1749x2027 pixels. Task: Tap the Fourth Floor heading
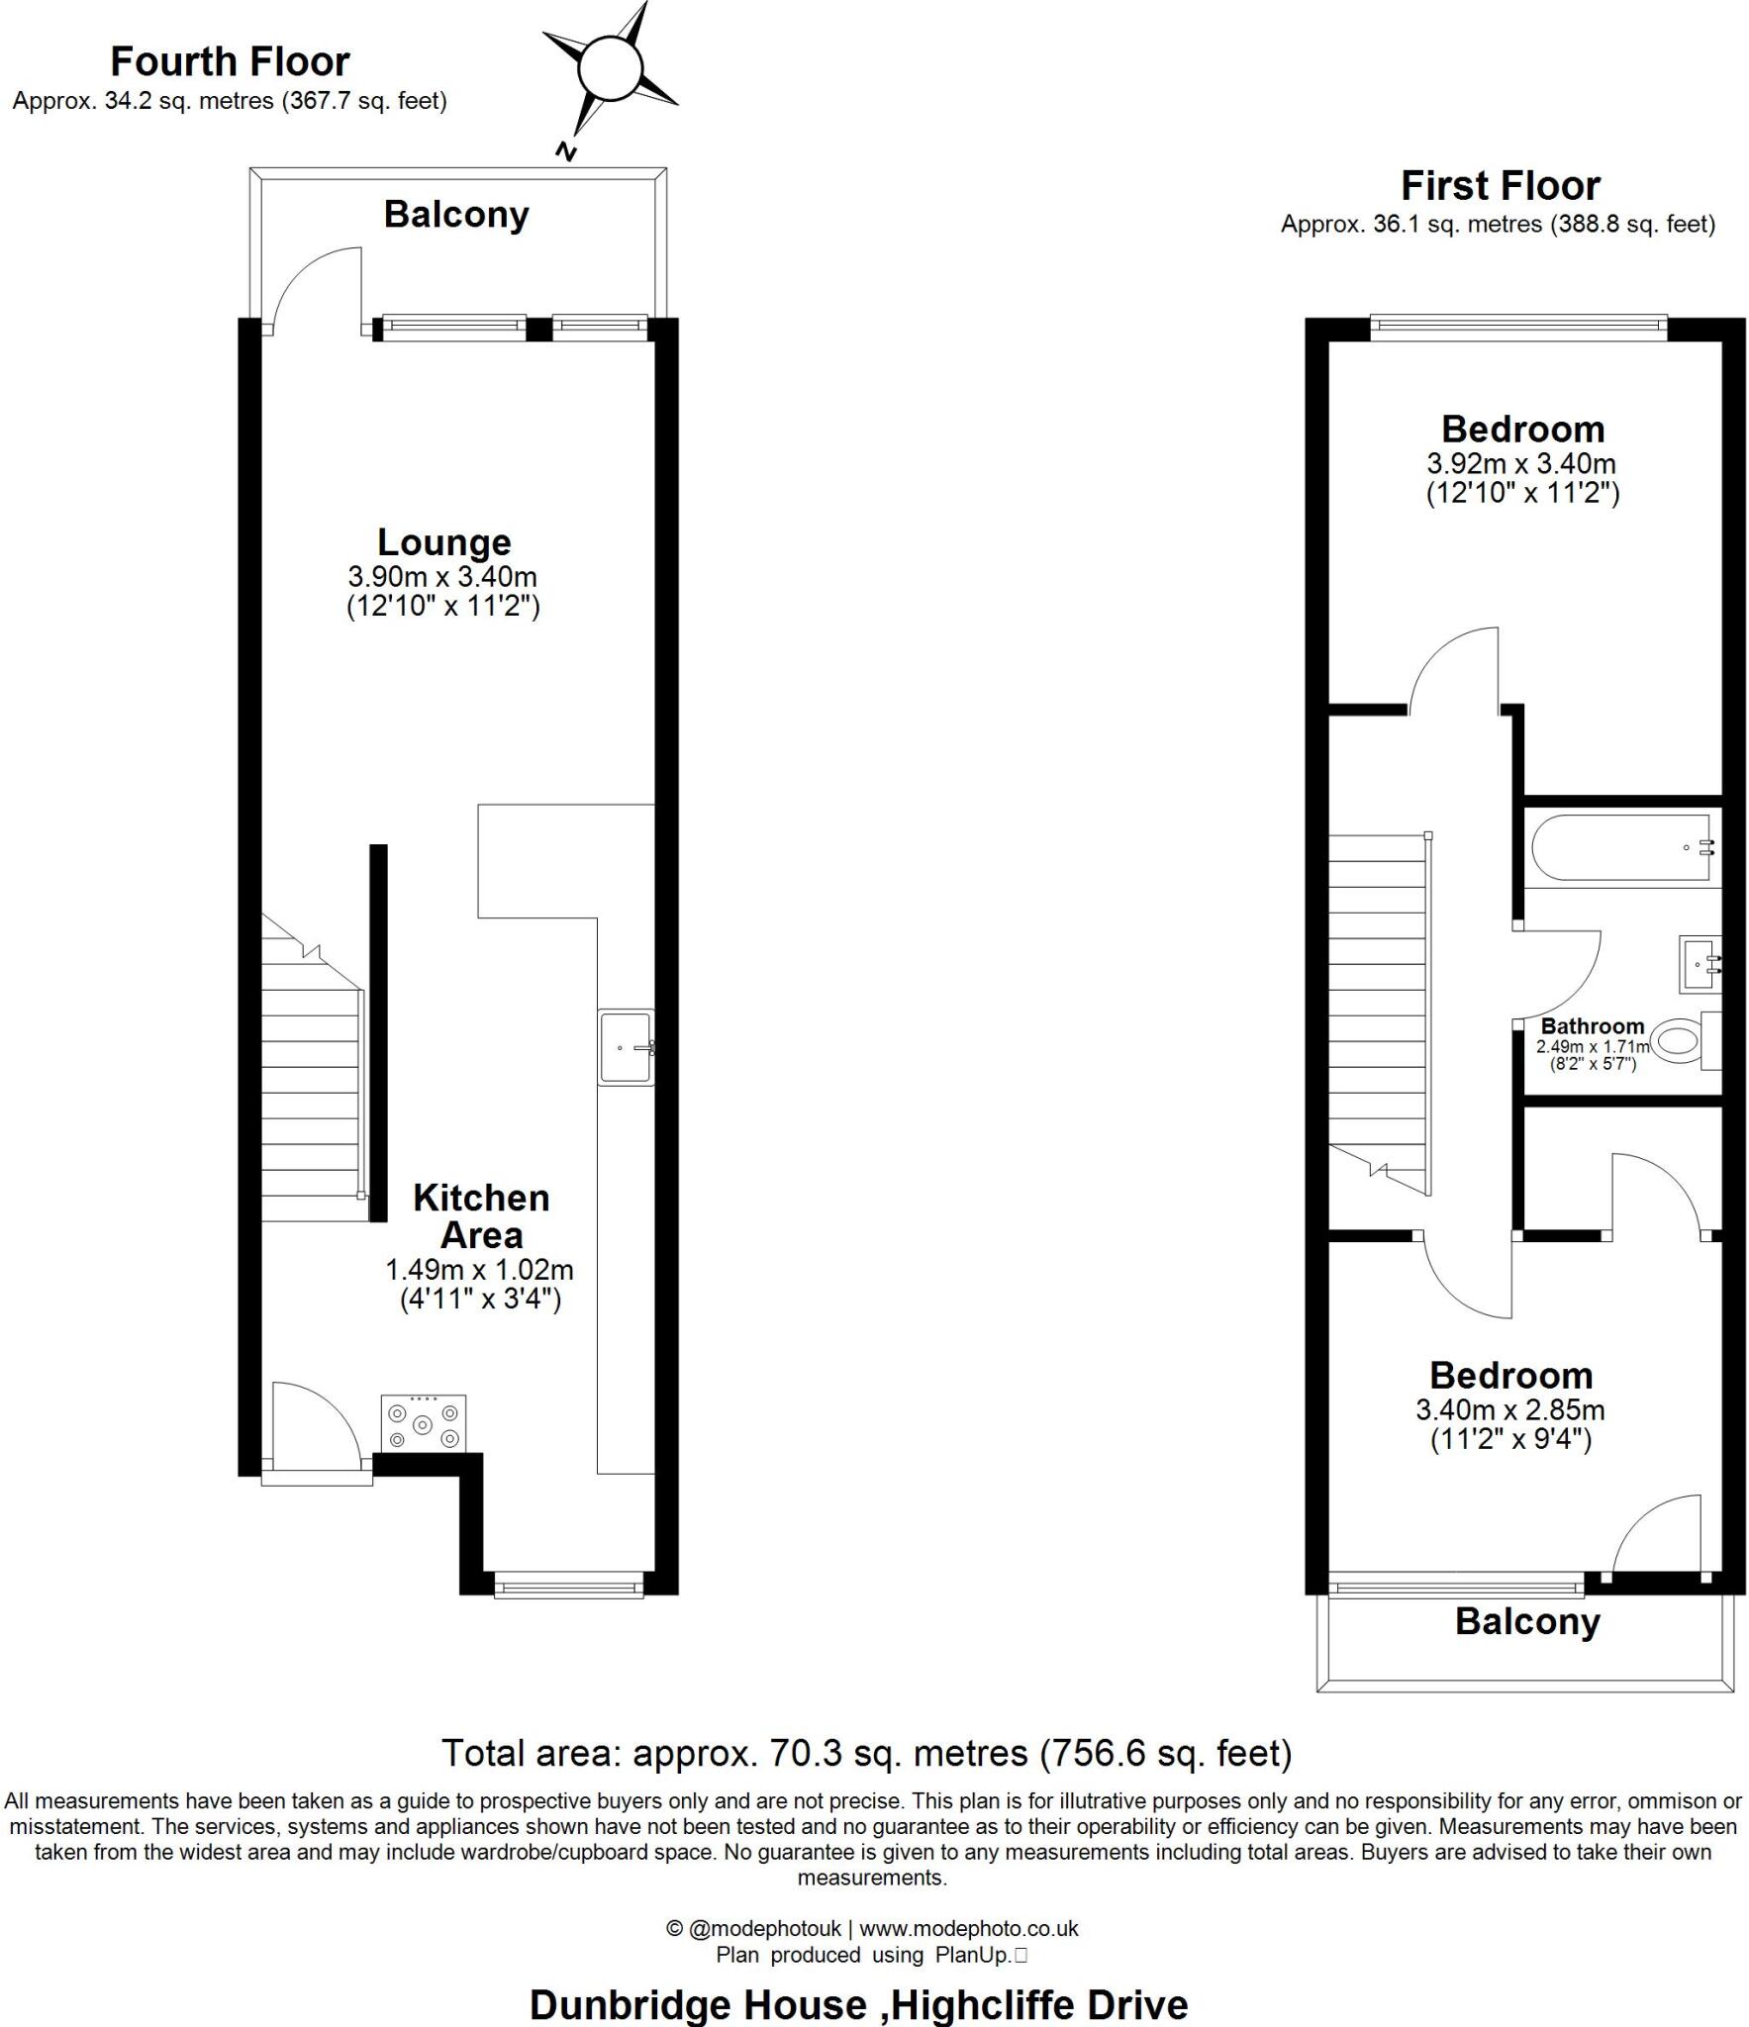pyautogui.click(x=230, y=61)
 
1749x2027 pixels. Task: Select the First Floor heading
pyautogui.click(x=1500, y=186)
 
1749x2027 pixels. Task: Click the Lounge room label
pyautogui.click(x=444, y=542)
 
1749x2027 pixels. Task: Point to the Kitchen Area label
pyautogui.click(x=481, y=1216)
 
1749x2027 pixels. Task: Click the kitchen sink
pyautogui.click(x=626, y=1047)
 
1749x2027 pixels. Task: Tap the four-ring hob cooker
pyautogui.click(x=423, y=1424)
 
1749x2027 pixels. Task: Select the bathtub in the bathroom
pyautogui.click(x=1621, y=847)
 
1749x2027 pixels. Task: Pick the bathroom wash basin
pyautogui.click(x=1700, y=964)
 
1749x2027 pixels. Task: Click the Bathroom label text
pyautogui.click(x=1592, y=1026)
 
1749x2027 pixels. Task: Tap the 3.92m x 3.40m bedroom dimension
pyautogui.click(x=1521, y=463)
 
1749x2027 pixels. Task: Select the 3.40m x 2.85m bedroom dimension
pyautogui.click(x=1510, y=1409)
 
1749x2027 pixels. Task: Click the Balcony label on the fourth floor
pyautogui.click(x=456, y=215)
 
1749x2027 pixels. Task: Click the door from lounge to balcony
pyautogui.click(x=317, y=292)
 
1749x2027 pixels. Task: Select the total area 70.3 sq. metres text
pyautogui.click(x=866, y=1754)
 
